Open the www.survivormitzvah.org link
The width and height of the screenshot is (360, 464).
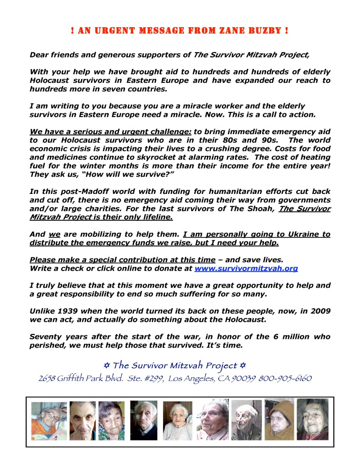246,268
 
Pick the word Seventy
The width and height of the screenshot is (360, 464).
45,337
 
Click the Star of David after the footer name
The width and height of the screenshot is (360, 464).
243,365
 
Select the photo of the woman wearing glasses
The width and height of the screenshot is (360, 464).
49,421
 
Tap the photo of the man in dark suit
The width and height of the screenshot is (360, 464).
144,420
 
